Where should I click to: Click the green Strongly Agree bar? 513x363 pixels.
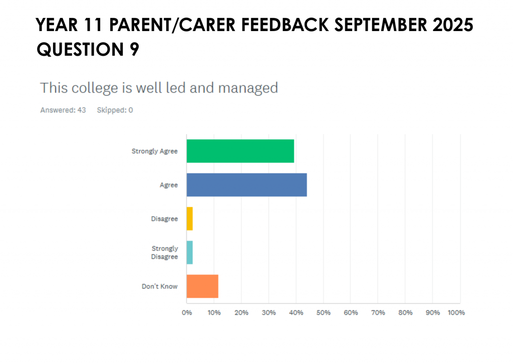(240, 151)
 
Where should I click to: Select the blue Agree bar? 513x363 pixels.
(246, 185)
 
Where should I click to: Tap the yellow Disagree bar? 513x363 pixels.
(189, 219)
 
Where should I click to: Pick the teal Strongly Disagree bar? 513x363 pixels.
(189, 252)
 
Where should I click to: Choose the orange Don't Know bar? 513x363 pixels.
(202, 287)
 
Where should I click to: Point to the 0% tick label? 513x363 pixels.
(187, 313)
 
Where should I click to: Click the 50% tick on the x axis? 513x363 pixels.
(324, 313)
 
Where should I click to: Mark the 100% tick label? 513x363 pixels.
(456, 313)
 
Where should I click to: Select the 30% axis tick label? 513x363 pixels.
(269, 313)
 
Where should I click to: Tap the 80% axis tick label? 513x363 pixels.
(405, 313)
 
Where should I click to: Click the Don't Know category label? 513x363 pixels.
(160, 287)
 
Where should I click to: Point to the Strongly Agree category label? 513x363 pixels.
(154, 151)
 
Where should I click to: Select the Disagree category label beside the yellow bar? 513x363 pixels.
(164, 219)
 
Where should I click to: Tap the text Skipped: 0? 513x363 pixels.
(115, 110)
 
